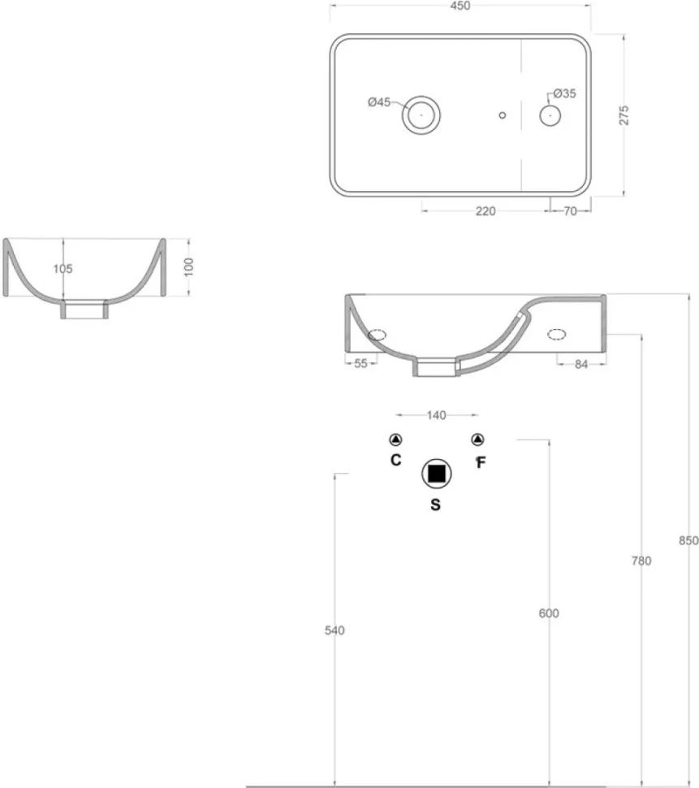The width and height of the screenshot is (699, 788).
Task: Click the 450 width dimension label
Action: [x=460, y=6]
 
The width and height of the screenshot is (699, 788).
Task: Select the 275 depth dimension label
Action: [x=623, y=115]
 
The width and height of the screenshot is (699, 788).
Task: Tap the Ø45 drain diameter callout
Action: [x=379, y=102]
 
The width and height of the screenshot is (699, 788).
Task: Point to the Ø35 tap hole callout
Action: [x=564, y=93]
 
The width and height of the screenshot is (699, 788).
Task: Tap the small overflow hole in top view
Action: [x=503, y=115]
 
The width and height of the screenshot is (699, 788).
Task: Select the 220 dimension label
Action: [x=485, y=211]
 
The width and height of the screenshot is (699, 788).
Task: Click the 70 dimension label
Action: [x=571, y=211]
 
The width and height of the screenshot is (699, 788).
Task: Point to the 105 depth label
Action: [x=63, y=269]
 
